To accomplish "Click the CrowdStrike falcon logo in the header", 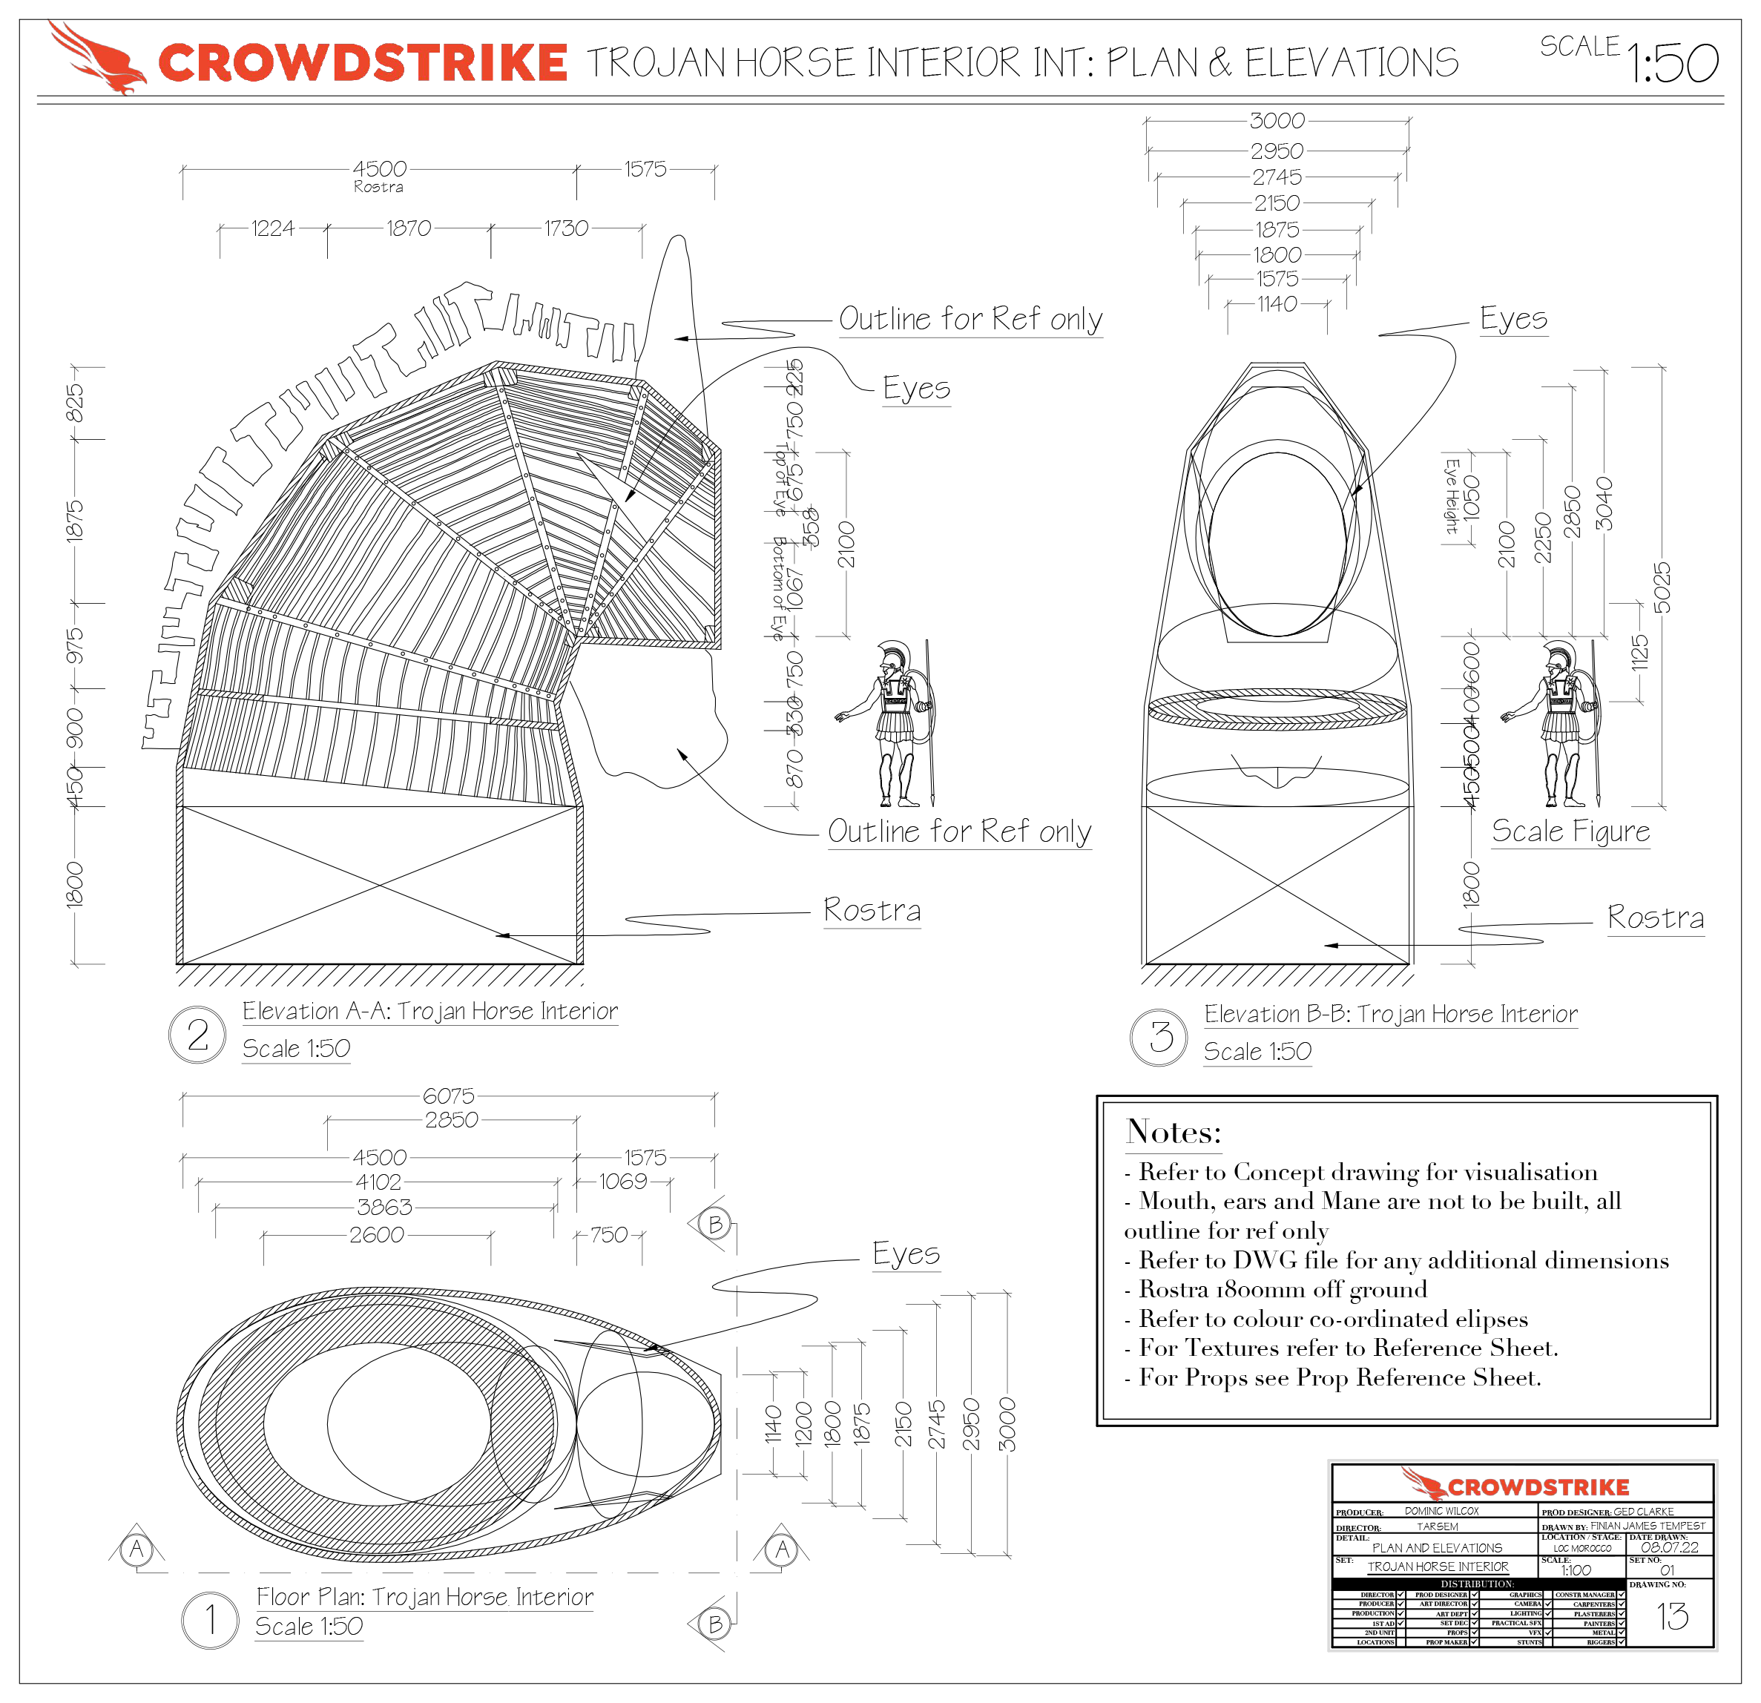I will (x=96, y=58).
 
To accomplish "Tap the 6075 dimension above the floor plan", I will (x=448, y=1096).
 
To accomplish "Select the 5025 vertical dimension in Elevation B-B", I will (x=1662, y=587).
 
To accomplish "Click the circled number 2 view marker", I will (x=197, y=1035).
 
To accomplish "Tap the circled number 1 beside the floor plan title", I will (x=210, y=1621).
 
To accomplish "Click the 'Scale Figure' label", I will (x=1570, y=831).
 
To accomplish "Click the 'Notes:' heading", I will (x=1174, y=1132).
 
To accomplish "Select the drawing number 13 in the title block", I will (x=1671, y=1617).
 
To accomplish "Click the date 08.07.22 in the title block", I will (x=1669, y=1548).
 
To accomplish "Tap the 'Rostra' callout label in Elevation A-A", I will (x=872, y=910).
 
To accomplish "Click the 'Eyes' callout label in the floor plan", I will (x=906, y=1253).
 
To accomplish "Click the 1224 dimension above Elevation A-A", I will (x=272, y=228).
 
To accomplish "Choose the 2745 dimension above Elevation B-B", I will (x=1277, y=177).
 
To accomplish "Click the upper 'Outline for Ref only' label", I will (x=970, y=319).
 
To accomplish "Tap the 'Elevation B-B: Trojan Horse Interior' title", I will (x=1390, y=1014).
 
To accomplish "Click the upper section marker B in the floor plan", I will (x=715, y=1225).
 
